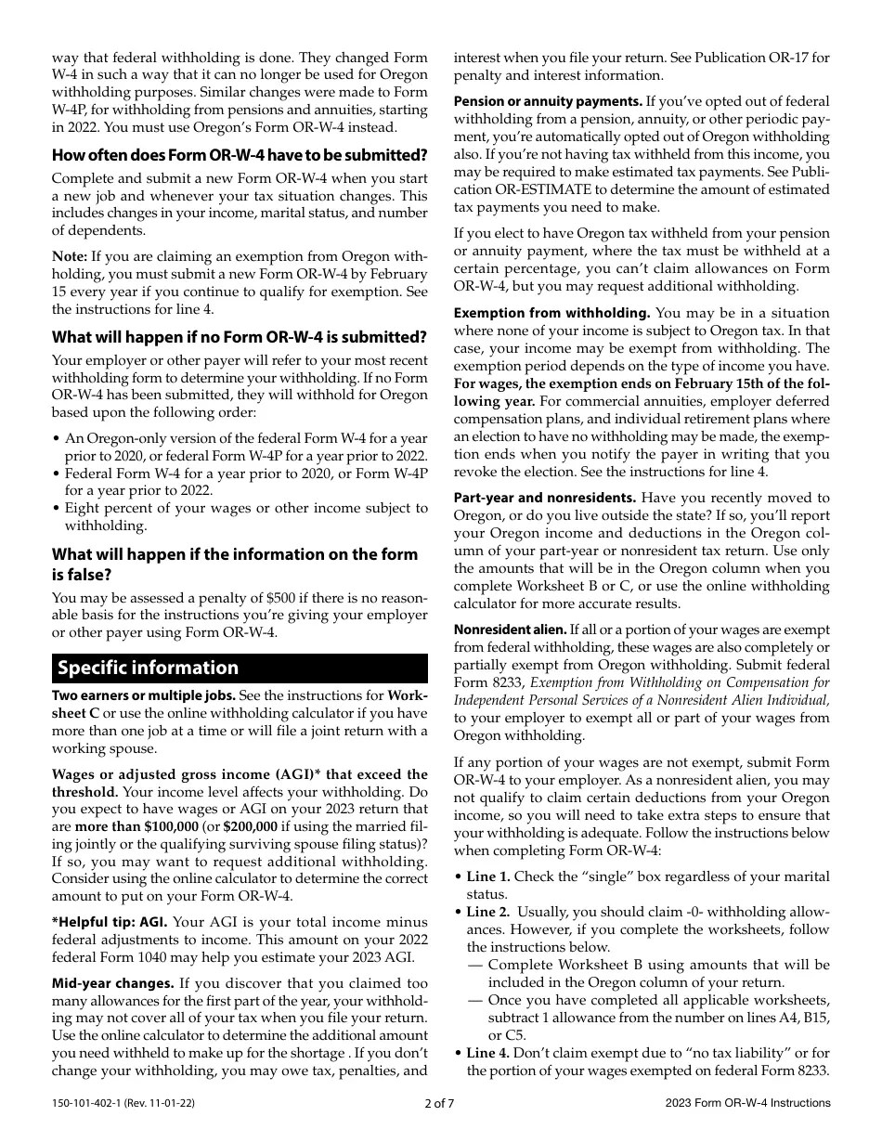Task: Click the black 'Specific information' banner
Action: pyautogui.click(x=240, y=668)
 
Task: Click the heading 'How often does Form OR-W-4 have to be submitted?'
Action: pyautogui.click(x=240, y=154)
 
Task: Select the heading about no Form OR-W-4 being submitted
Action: pyautogui.click(x=240, y=337)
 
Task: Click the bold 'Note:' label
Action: pyautogui.click(x=70, y=256)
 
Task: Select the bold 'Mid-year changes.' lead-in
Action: pyautogui.click(x=113, y=983)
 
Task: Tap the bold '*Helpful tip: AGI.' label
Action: pyautogui.click(x=110, y=922)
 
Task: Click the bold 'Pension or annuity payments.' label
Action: pyautogui.click(x=548, y=101)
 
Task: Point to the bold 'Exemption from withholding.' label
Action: pyautogui.click(x=551, y=313)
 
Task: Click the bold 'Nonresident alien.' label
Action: pyautogui.click(x=509, y=629)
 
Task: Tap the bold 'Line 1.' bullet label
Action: pyautogui.click(x=488, y=876)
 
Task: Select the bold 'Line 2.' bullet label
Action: pyautogui.click(x=488, y=912)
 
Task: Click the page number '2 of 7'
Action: pyautogui.click(x=439, y=1103)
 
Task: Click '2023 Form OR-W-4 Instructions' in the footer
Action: pyautogui.click(x=747, y=1103)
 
